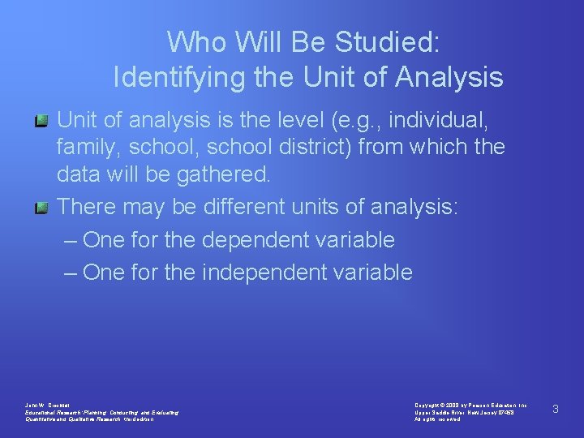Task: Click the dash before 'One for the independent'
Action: pyautogui.click(x=71, y=273)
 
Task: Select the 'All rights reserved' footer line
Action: pyautogui.click(x=438, y=419)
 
